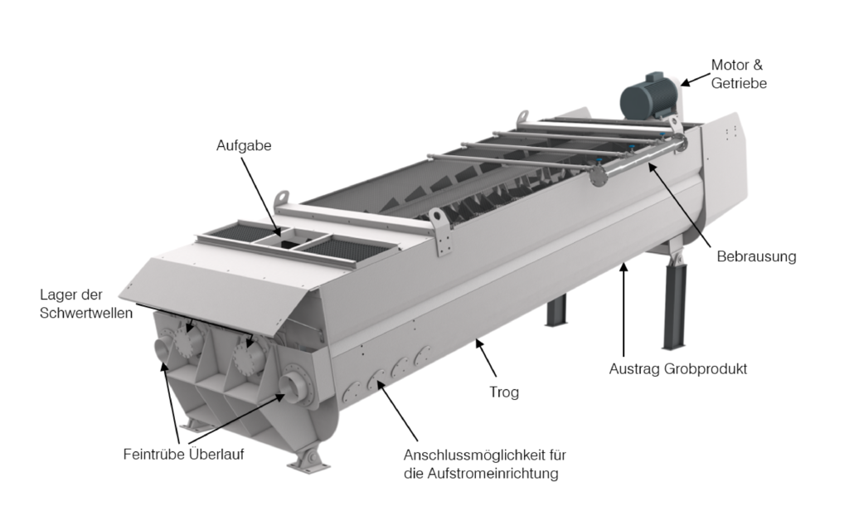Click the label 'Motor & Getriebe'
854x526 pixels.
click(739, 74)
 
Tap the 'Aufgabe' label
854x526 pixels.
click(244, 145)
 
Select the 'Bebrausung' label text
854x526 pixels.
click(756, 256)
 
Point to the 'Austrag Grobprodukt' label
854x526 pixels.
click(677, 369)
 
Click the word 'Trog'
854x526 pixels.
click(504, 392)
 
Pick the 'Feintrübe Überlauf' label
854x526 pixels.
click(183, 454)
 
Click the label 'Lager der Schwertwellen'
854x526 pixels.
click(86, 304)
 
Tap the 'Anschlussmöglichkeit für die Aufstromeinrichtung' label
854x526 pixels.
click(485, 463)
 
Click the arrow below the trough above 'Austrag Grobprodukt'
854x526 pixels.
click(624, 309)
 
